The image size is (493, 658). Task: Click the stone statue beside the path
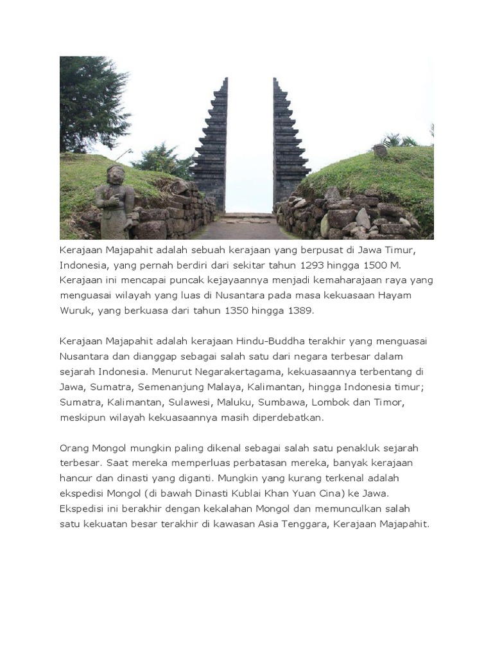(x=115, y=202)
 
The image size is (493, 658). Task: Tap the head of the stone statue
(x=116, y=174)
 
